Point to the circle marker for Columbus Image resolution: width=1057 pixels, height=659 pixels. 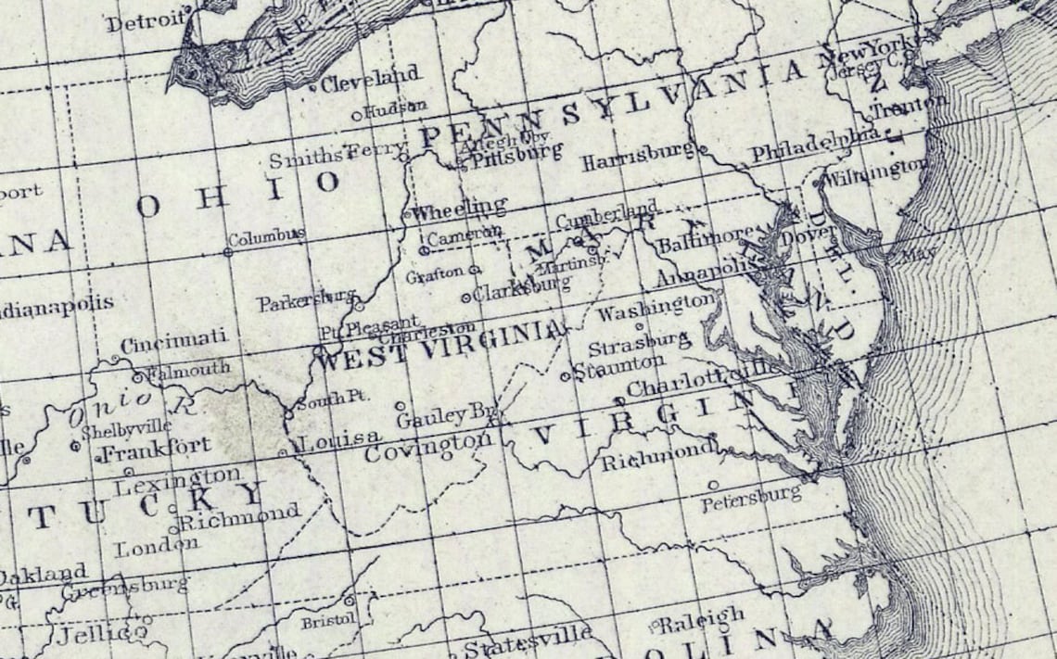coord(228,251)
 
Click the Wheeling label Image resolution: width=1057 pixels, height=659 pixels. coord(460,207)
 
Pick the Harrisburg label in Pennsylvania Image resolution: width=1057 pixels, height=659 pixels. coord(638,158)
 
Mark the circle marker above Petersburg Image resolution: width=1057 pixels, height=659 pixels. coord(712,485)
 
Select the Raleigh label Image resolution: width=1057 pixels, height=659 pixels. coord(702,617)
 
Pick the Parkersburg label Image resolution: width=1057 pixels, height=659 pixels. coord(307,300)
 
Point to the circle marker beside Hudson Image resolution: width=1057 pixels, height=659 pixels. coord(356,116)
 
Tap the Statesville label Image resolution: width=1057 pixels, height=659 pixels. coord(528,643)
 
